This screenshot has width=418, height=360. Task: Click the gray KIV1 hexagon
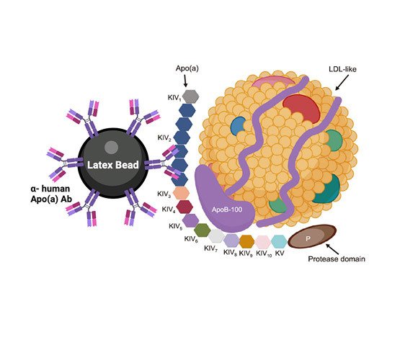[190, 96]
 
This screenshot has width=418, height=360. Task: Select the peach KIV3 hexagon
[181, 193]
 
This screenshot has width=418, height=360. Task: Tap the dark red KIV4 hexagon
[184, 207]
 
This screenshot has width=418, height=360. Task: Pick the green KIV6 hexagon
[202, 230]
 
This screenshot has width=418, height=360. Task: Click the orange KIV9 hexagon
[246, 241]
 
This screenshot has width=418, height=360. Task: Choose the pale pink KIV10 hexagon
[263, 241]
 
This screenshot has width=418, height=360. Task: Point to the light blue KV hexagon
[279, 241]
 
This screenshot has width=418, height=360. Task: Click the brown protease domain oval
[312, 236]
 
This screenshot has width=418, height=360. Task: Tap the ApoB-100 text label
[227, 210]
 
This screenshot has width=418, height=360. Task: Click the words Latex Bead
[113, 165]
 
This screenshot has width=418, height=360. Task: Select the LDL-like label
[342, 69]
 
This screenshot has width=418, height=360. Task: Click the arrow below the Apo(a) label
[185, 81]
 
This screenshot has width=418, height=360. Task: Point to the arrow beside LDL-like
[342, 83]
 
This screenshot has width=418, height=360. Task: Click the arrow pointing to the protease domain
[332, 249]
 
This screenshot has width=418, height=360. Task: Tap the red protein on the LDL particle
[302, 109]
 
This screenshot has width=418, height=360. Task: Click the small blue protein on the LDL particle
[238, 126]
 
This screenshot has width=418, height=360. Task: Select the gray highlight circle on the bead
[111, 148]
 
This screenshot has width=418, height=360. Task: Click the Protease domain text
[337, 258]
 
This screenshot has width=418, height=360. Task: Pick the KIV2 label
[164, 138]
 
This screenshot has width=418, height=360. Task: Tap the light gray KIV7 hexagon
[216, 236]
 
